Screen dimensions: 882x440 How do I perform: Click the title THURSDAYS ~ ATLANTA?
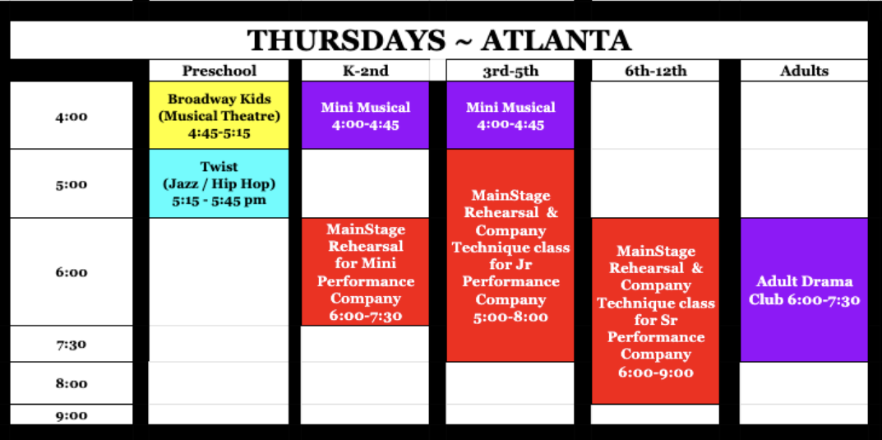439,40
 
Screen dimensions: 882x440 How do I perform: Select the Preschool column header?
219,71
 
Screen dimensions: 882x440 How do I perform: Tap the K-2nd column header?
365,71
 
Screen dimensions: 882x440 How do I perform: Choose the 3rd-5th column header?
510,71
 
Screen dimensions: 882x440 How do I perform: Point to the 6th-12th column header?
655,71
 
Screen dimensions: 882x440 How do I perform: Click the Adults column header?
804,71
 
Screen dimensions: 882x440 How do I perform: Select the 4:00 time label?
72,117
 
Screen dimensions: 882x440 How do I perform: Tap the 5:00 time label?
72,184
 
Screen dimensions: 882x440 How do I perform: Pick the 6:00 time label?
72,272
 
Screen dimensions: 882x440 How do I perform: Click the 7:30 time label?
72,345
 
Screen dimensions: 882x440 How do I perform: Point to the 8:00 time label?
72,384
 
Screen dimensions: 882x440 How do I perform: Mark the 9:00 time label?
72,416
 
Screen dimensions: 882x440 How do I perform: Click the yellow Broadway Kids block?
219,115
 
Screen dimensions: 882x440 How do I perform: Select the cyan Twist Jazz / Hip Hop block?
219,183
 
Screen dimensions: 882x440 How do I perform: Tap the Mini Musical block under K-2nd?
365,115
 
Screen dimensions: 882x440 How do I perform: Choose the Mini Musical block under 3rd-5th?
510,115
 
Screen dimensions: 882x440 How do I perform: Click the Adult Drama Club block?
804,289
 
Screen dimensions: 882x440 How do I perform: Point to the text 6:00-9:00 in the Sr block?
655,372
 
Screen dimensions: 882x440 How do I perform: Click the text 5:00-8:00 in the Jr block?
510,317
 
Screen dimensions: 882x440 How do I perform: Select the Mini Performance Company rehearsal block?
365,271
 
